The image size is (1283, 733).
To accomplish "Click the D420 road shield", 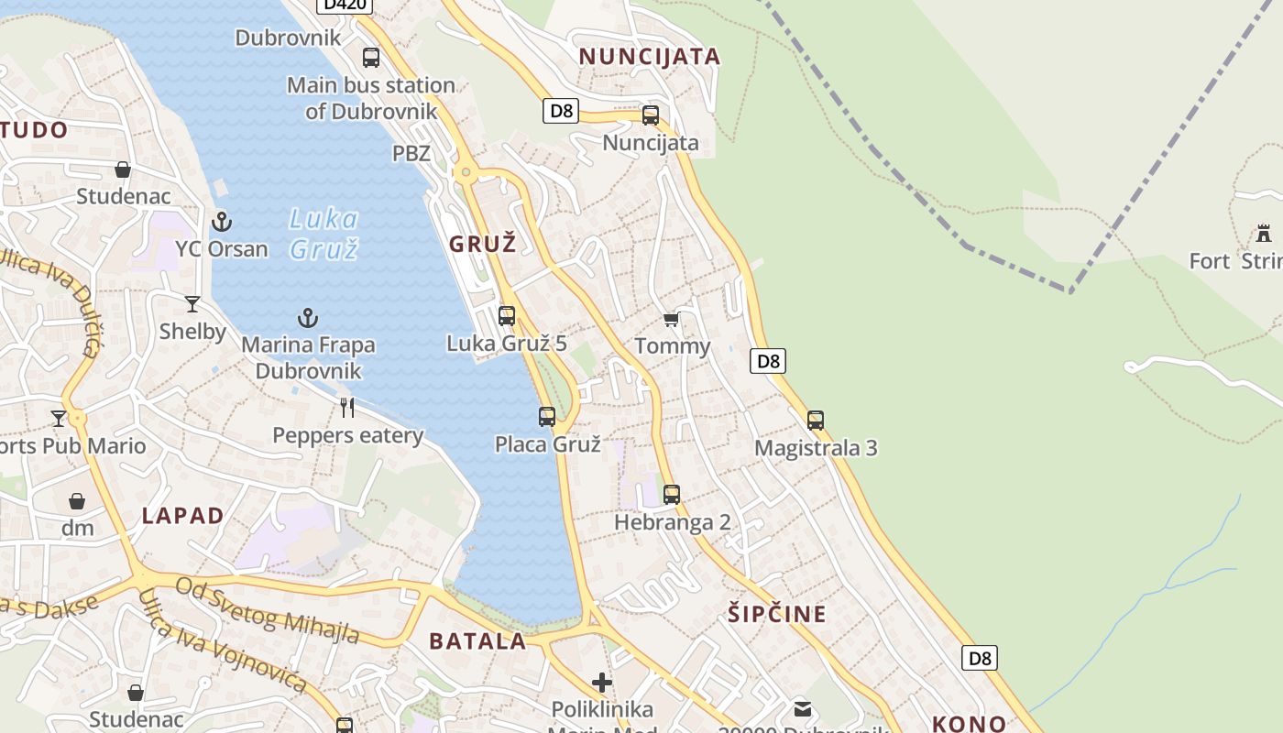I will [x=345, y=4].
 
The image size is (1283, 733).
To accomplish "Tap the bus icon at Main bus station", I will [x=371, y=58].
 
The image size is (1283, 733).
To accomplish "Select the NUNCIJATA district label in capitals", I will [x=650, y=57].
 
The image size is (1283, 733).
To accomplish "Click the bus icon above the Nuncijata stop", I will [x=651, y=115].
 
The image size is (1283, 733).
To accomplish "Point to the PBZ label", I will [x=411, y=153].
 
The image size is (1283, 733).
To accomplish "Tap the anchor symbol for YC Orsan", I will [x=221, y=222].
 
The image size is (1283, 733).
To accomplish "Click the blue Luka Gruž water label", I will [x=323, y=234].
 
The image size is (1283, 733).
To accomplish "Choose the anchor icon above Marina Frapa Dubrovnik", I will [x=308, y=318].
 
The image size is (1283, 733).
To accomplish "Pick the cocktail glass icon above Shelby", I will [x=192, y=304].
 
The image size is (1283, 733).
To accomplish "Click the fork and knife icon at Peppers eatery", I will [x=347, y=407].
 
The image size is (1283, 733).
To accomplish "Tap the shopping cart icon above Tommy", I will [x=672, y=319].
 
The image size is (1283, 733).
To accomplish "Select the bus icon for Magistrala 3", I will [x=816, y=421].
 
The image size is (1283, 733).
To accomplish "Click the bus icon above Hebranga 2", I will [x=672, y=495].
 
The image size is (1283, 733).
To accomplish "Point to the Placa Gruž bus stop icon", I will [x=547, y=417].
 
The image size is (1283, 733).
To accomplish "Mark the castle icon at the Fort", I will [x=1264, y=234].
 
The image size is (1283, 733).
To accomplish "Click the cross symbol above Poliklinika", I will [x=602, y=682].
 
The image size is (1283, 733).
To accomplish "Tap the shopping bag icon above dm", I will [x=77, y=501].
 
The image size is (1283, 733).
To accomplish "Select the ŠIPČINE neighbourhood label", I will [x=777, y=614].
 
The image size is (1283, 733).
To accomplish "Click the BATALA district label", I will [x=477, y=641].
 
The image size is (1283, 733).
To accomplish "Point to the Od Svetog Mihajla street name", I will [x=267, y=610].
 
